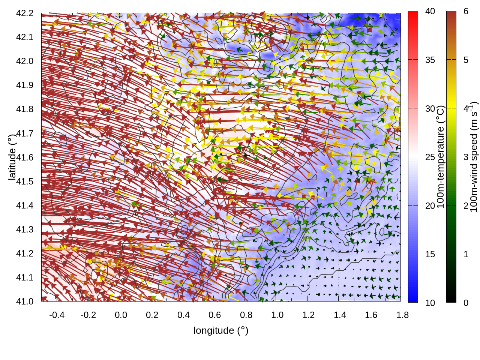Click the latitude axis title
pos(12,156)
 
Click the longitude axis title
pos(221,330)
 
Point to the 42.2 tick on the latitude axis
pos(25,13)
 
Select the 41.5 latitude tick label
pos(25,181)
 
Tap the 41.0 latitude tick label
pos(25,301)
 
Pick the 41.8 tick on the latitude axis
pos(25,109)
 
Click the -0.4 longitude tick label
pos(57,315)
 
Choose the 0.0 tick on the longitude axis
pos(121,315)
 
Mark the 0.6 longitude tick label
pos(215,315)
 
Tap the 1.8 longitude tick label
pos(403,315)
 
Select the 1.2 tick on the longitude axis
pos(309,315)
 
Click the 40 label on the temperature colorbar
pos(430,11)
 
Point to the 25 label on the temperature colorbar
pos(430,157)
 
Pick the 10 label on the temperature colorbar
pos(430,303)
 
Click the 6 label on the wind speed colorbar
pos(466,11)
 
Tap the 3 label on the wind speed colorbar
pos(466,157)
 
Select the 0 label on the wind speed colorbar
pos(466,303)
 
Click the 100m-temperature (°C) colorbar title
pos(441,156)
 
